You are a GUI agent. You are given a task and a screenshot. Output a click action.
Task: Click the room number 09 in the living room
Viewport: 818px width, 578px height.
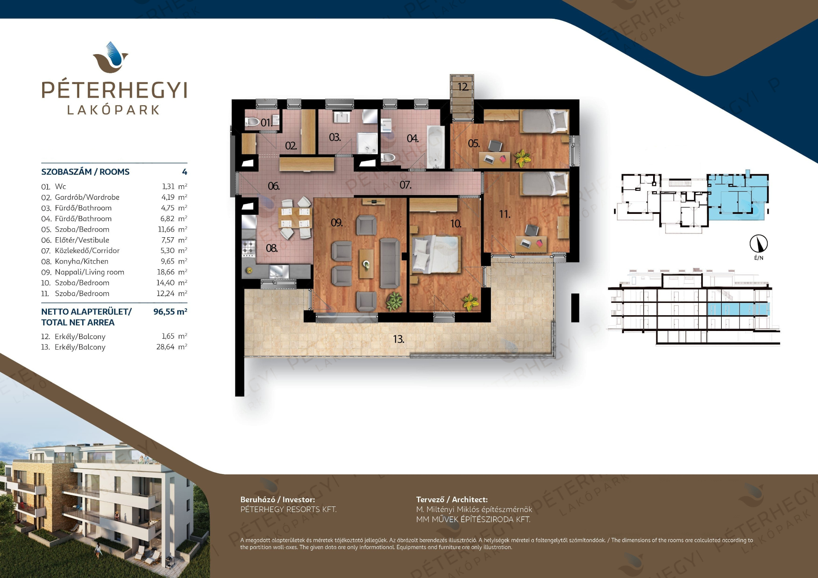coord(337,223)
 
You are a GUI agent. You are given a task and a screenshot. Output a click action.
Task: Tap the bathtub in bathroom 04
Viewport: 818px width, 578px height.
coord(435,147)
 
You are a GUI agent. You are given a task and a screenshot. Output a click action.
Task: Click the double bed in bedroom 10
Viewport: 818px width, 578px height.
coord(436,254)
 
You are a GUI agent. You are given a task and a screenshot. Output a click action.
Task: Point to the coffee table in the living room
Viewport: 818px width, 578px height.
coord(366,264)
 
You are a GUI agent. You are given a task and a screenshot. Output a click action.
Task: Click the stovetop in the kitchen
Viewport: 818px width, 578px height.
coord(248,247)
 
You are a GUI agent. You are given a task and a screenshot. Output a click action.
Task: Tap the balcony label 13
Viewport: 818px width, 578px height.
coord(399,339)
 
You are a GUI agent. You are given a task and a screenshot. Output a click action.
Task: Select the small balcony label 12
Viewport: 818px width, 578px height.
coord(463,87)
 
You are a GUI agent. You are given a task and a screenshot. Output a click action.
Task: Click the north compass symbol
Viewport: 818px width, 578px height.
coord(759,244)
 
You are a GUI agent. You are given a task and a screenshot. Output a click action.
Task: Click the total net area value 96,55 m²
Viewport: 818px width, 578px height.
coord(170,312)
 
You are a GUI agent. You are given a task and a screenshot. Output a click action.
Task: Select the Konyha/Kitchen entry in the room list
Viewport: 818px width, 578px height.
coord(81,262)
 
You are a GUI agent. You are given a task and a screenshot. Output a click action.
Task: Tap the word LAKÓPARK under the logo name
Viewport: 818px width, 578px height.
coord(114,110)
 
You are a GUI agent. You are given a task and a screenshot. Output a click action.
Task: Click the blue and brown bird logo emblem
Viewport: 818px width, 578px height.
coord(111,57)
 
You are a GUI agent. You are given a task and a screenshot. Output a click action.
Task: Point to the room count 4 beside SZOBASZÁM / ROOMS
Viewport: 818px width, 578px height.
coord(184,172)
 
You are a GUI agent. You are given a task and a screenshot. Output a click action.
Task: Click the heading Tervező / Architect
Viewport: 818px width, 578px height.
coord(452,500)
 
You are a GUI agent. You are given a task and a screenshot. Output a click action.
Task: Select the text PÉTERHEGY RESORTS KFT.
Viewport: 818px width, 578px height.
coord(288,509)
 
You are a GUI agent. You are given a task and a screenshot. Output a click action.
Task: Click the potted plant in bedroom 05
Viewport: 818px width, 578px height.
coord(522,158)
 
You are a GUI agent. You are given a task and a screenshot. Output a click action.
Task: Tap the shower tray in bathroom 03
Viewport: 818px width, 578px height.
coord(367,143)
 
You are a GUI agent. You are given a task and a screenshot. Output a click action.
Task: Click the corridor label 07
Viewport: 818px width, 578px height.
coord(405,185)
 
